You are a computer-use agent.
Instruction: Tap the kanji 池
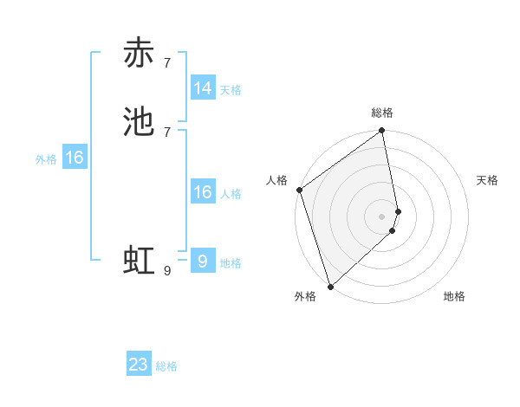click(x=139, y=122)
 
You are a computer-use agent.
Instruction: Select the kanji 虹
click(x=139, y=261)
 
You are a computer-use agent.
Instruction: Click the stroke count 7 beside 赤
click(x=167, y=62)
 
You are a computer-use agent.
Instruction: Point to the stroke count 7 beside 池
click(x=167, y=132)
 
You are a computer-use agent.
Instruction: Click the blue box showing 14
click(x=203, y=88)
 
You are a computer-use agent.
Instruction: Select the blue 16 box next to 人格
click(x=203, y=192)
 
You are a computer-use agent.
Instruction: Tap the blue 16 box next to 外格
click(x=75, y=158)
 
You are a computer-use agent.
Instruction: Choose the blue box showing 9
click(x=203, y=262)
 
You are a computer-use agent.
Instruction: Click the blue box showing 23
click(x=139, y=365)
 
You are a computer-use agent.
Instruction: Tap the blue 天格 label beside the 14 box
click(x=231, y=89)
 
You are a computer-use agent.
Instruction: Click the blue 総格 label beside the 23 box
click(x=166, y=366)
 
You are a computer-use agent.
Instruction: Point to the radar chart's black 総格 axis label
click(x=382, y=113)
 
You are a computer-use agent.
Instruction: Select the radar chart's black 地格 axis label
click(x=454, y=297)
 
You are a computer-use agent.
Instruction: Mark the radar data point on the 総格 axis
click(x=382, y=132)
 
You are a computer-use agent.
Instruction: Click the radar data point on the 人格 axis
click(x=300, y=190)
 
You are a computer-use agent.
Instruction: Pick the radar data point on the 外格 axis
click(x=330, y=286)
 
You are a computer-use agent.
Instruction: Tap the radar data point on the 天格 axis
click(x=399, y=211)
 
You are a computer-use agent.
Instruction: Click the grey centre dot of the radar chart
click(x=382, y=216)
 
